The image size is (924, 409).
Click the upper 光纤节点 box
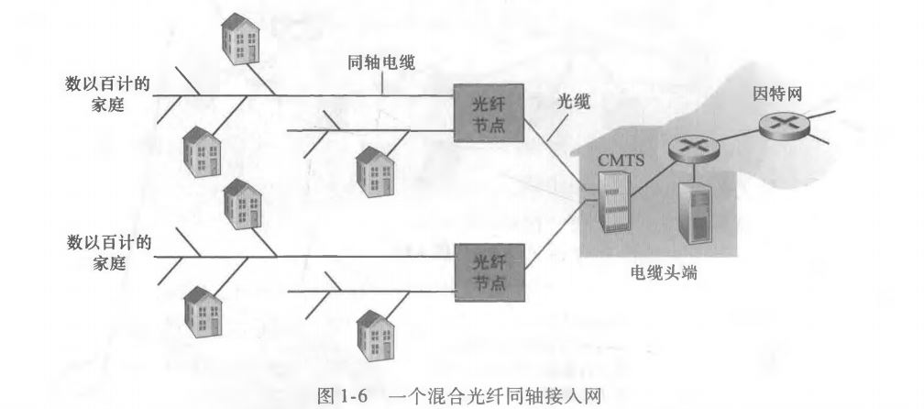pos(489,113)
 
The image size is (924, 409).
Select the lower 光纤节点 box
pos(489,271)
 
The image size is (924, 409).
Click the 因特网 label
pos(777,94)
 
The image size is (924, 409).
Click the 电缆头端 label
pos(664,273)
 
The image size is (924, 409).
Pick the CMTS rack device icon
pos(613,202)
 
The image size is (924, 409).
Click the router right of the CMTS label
pos(694,149)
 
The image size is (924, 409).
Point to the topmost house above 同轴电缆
pos(240,39)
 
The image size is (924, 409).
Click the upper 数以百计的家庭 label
pos(108,94)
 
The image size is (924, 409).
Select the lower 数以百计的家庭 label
pos(108,251)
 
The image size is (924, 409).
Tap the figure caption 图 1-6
pos(342,396)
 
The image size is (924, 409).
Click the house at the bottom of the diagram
pos(376,336)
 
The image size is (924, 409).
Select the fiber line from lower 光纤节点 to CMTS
pos(556,235)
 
